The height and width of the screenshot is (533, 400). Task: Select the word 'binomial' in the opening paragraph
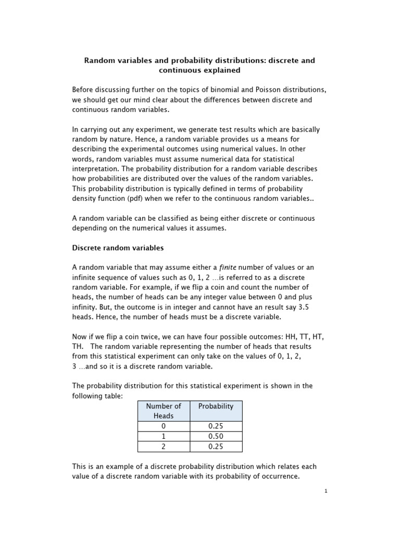coord(223,90)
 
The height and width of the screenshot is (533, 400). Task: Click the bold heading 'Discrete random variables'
coord(118,248)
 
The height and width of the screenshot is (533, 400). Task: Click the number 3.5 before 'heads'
coord(304,307)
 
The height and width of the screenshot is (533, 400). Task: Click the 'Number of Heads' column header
coord(164,411)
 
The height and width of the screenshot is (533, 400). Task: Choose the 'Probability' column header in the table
coord(216,406)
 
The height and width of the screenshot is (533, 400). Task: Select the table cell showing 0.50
coord(216,436)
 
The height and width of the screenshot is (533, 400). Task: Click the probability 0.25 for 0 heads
coord(216,426)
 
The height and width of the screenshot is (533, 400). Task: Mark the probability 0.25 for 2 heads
coord(216,447)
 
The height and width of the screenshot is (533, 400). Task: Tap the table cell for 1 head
coord(164,436)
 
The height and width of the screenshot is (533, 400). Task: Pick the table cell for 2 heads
coord(164,447)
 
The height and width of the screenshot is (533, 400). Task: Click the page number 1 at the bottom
coord(326,491)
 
